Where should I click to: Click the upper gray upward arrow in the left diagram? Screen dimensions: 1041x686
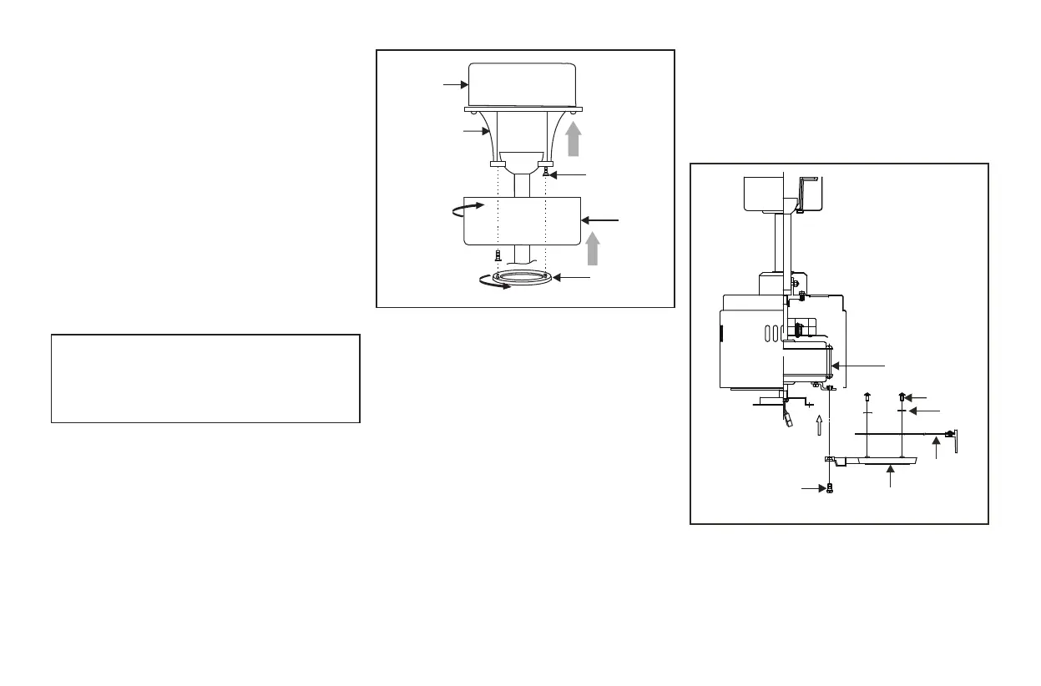[x=574, y=138]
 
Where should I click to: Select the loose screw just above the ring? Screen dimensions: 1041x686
[x=498, y=255]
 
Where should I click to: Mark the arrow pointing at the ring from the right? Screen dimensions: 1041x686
[x=572, y=276]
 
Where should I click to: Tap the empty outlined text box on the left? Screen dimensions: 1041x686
[x=205, y=379]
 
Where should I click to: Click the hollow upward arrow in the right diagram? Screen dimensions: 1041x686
[x=820, y=426]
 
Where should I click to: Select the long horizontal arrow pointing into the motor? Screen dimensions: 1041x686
[x=860, y=366]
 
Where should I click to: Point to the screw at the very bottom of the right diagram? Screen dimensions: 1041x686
[x=829, y=489]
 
